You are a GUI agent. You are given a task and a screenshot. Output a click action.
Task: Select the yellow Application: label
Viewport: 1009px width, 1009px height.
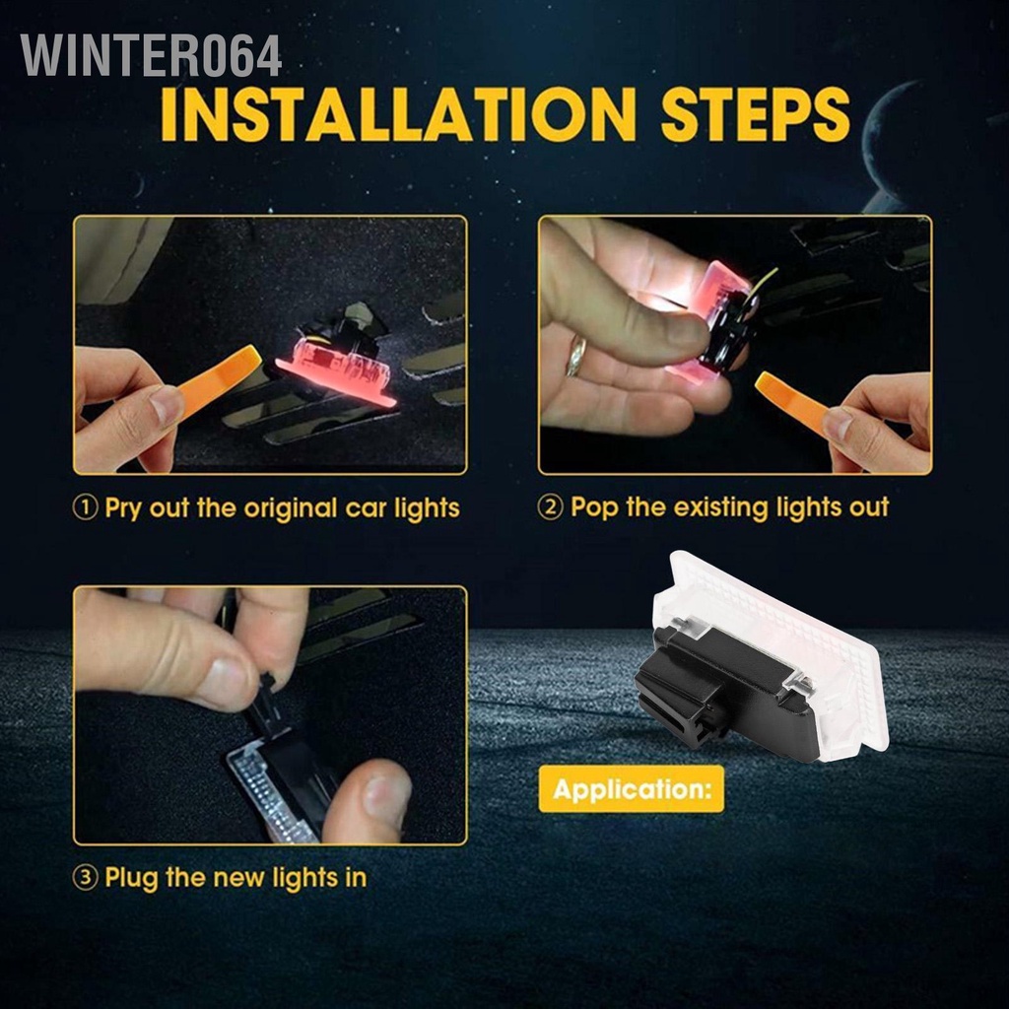point(631,789)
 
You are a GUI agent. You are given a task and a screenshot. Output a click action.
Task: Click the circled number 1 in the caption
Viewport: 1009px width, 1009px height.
point(87,509)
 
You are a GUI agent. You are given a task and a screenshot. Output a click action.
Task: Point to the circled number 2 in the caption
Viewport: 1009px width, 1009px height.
point(552,509)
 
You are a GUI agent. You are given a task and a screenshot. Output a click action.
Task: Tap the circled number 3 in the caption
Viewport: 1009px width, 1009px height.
point(87,878)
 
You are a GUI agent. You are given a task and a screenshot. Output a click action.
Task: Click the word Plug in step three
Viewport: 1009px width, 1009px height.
point(134,878)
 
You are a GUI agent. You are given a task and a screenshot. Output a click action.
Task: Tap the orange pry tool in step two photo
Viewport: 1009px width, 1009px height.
point(793,400)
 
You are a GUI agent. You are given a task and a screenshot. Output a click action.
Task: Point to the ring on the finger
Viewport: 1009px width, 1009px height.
point(575,356)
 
